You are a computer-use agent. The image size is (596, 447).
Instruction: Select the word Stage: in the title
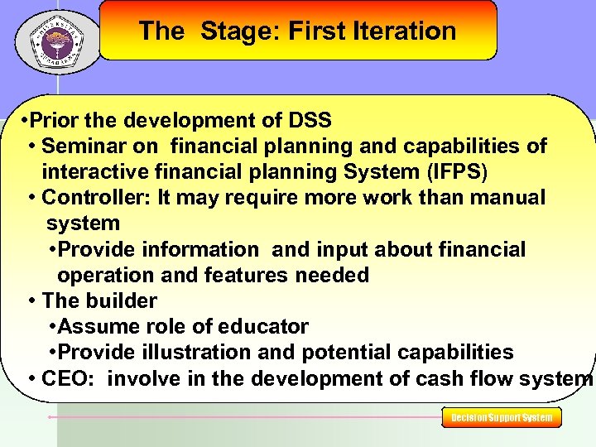[240, 31]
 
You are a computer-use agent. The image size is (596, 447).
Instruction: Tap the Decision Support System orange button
[502, 418]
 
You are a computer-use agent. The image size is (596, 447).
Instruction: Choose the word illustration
[196, 353]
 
